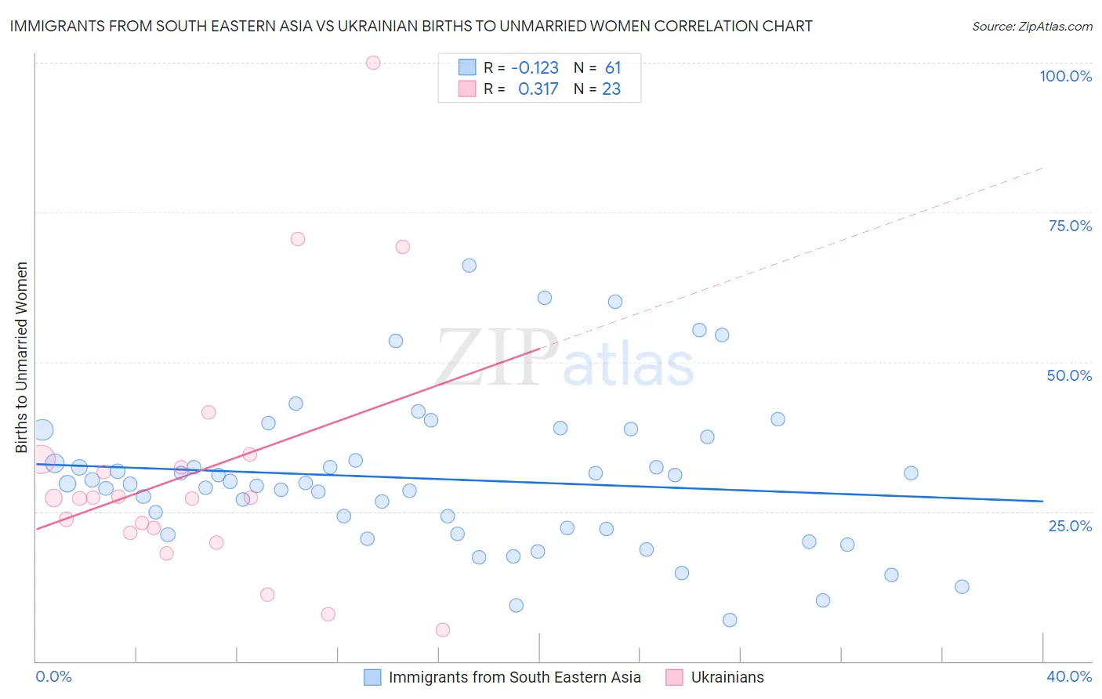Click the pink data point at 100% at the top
(373, 63)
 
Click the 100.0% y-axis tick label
(1065, 76)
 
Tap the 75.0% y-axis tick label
(1070, 226)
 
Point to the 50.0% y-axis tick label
(1069, 375)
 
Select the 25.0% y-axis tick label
(1070, 525)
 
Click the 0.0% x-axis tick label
(53, 676)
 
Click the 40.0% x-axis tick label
(1068, 676)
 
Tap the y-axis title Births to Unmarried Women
(22, 357)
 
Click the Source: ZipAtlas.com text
(1031, 27)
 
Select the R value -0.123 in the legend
(535, 68)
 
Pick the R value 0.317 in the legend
(538, 89)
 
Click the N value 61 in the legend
(612, 68)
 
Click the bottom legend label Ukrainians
(727, 677)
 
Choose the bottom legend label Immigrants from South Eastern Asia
(514, 677)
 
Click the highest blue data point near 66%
(469, 266)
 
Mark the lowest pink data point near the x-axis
(442, 630)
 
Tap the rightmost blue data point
(962, 587)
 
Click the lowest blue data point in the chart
(730, 620)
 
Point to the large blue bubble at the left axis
(42, 429)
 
